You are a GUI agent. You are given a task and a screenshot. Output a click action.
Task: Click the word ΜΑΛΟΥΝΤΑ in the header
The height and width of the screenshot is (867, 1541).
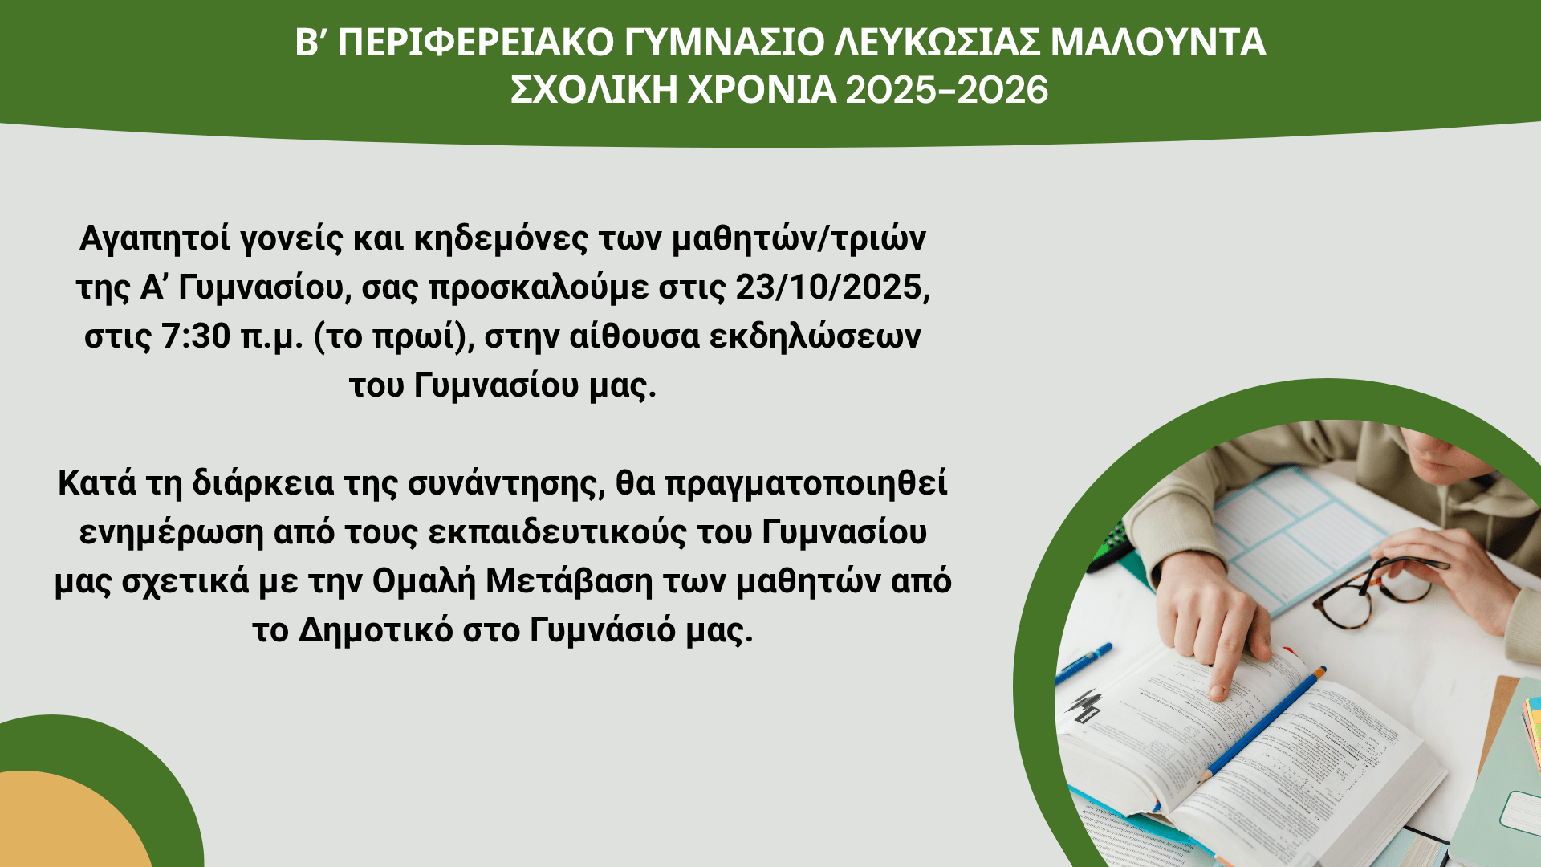[1158, 42]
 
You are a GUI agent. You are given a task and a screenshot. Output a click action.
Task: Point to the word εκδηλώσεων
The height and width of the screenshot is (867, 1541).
[815, 336]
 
